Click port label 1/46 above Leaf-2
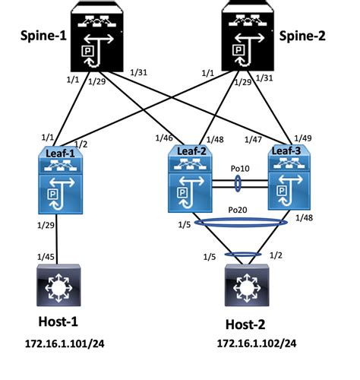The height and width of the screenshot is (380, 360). (164, 138)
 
